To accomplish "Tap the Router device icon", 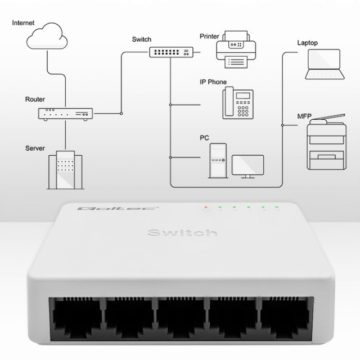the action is point(65,114).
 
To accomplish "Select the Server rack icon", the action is point(65,170).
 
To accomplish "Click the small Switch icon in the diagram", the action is point(171,52).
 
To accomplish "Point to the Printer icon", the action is point(236,49).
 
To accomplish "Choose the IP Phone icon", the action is point(238,103).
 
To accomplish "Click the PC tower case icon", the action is point(218,161).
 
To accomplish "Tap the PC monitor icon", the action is point(247,166).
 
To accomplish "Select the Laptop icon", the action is point(325,64).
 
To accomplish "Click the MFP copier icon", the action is point(327,142).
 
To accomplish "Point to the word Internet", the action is point(23,22).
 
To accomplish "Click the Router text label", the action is point(35,99).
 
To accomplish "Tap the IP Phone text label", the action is point(213,82).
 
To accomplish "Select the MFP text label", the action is point(304,116).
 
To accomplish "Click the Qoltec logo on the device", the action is point(118,209).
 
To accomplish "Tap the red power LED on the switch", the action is point(206,207).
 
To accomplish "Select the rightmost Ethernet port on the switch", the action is point(285,318).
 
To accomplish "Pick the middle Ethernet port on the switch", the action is point(181,318).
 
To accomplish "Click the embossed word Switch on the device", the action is point(182,233).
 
